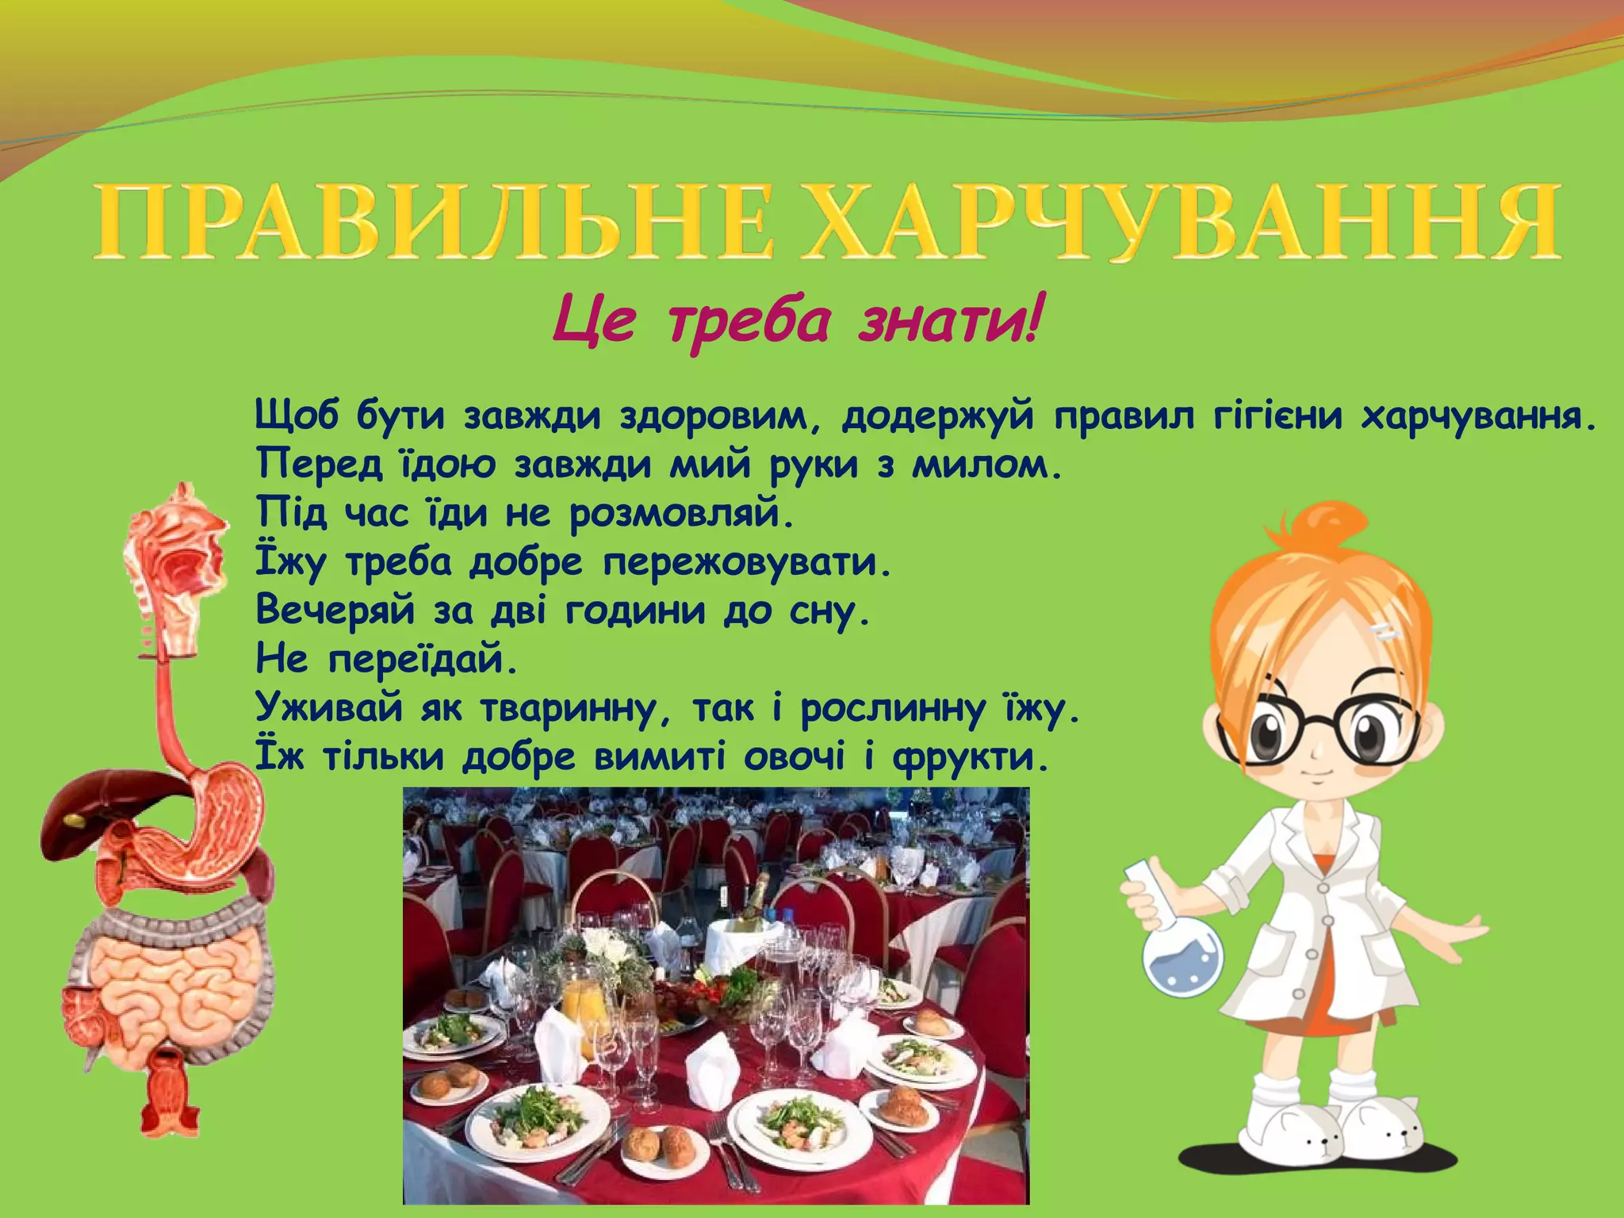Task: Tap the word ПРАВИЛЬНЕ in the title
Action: click(x=433, y=222)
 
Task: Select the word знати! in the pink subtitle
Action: click(x=948, y=322)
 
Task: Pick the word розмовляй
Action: click(x=682, y=514)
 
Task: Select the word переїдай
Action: click(x=423, y=659)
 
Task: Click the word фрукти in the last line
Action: click(x=971, y=757)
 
